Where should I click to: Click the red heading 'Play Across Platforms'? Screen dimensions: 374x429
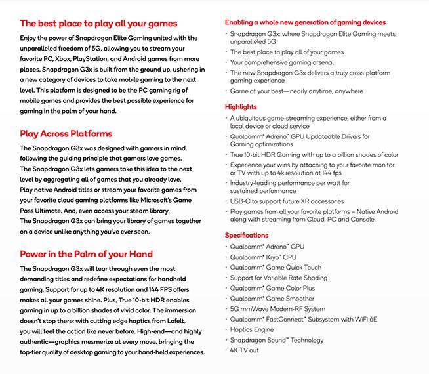66,133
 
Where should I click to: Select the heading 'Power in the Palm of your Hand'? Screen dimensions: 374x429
86,253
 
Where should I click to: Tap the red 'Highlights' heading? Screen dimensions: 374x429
241,106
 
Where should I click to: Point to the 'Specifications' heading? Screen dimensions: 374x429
247,235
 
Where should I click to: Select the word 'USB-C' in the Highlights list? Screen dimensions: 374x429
240,201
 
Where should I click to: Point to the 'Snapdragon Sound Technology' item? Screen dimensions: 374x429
276,340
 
